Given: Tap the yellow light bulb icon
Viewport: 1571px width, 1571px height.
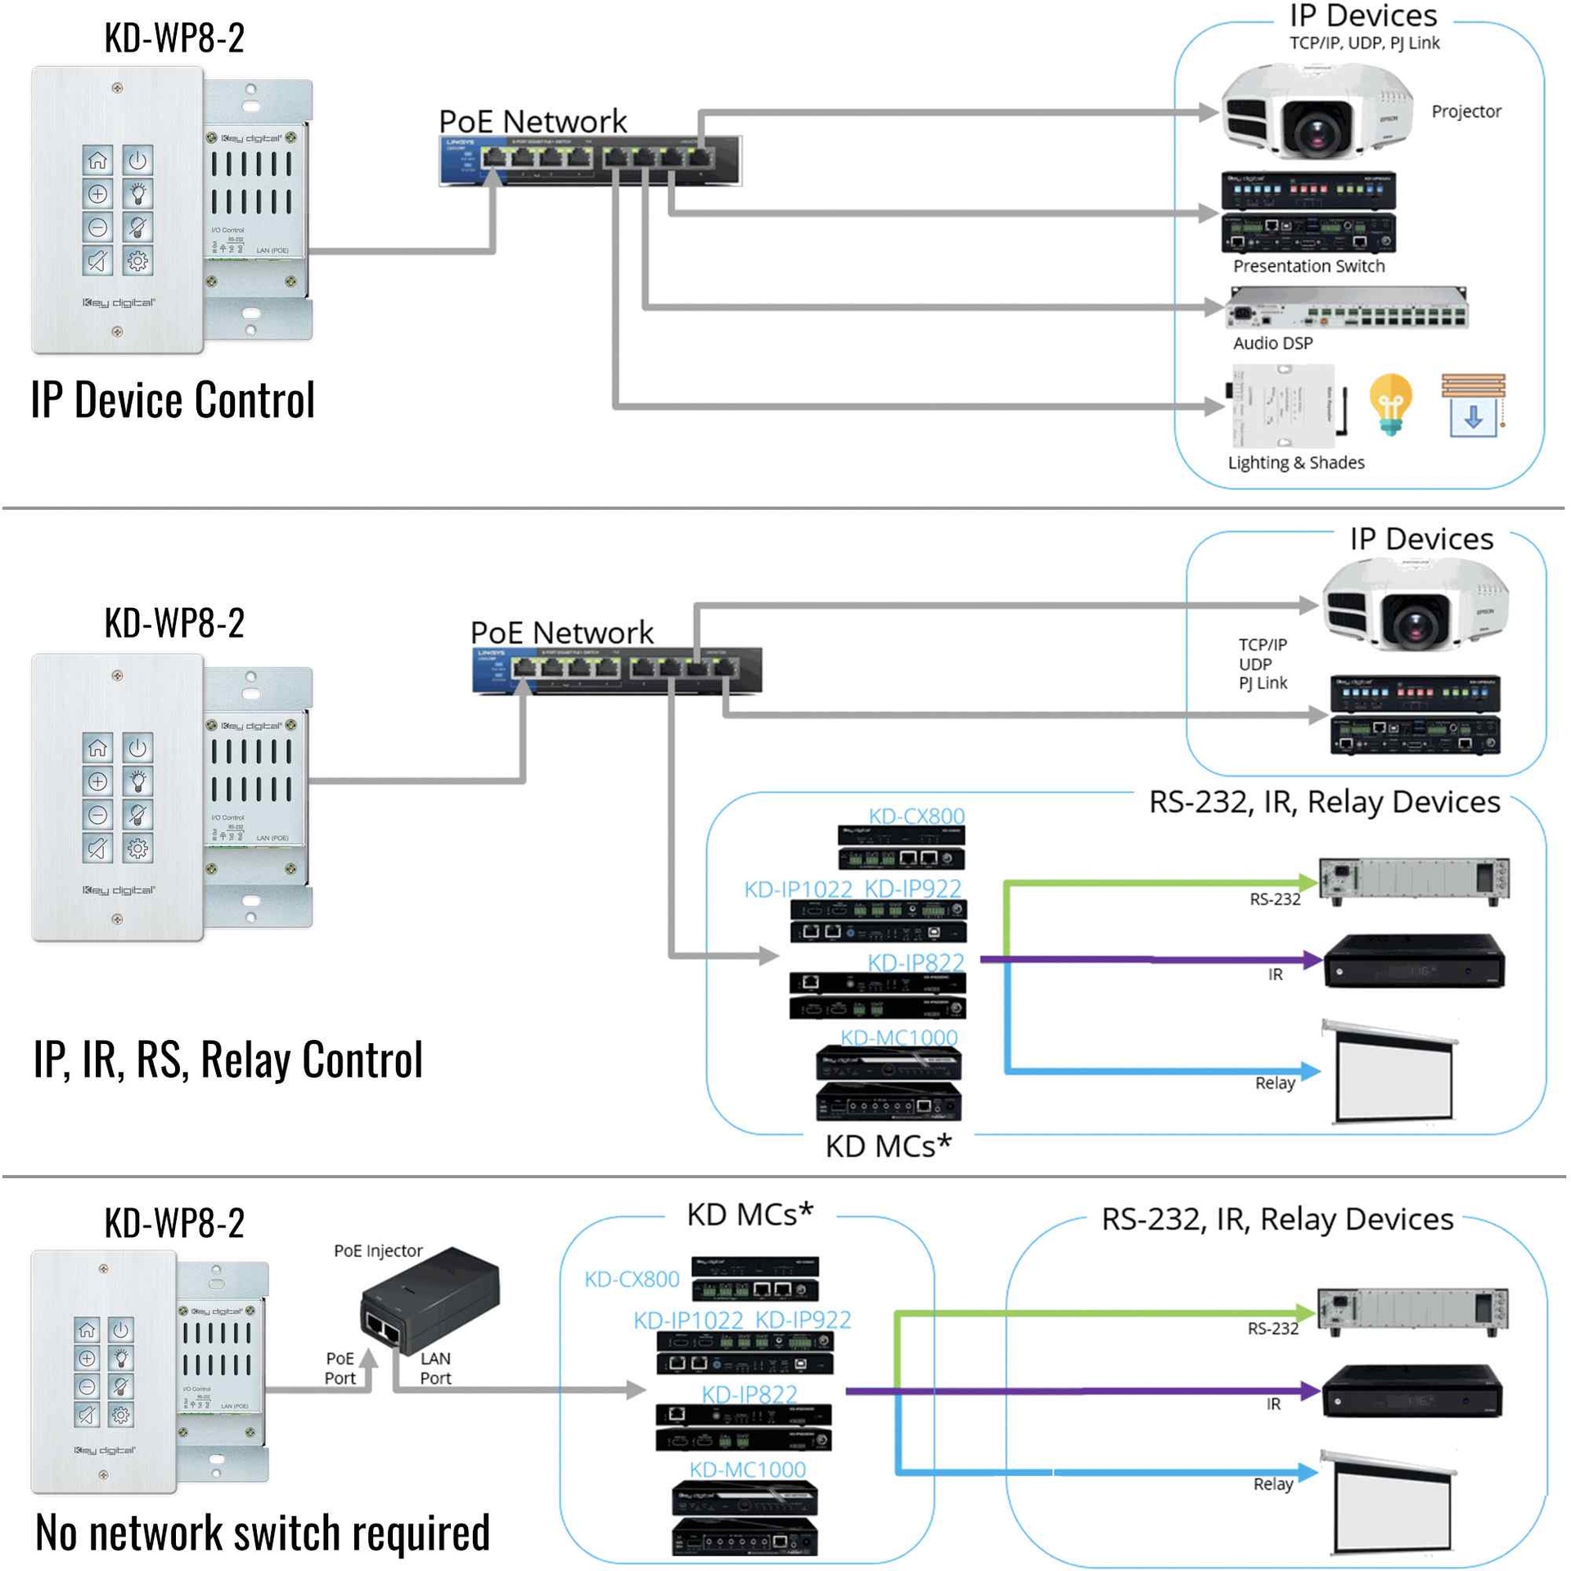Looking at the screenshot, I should (1390, 403).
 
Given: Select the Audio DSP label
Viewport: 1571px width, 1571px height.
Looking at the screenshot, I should (1272, 343).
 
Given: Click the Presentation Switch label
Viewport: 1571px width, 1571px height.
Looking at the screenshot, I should (1308, 266).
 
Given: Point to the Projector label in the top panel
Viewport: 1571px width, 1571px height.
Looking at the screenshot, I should (1465, 111).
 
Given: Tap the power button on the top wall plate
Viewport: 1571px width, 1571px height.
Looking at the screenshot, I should (137, 160).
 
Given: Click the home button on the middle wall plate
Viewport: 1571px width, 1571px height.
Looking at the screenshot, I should (97, 747).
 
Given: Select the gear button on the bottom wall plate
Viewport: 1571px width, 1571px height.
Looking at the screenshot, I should (121, 1415).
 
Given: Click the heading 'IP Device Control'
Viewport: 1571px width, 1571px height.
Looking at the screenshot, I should (173, 400).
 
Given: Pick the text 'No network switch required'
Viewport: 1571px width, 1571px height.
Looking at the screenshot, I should (263, 1533).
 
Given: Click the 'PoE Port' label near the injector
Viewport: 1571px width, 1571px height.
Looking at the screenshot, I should (340, 1367).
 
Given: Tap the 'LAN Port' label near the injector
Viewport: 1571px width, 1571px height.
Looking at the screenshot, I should (435, 1367).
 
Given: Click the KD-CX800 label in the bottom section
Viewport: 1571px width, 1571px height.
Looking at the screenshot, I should (632, 1279).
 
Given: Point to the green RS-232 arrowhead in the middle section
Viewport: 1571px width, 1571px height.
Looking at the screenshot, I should (1308, 883).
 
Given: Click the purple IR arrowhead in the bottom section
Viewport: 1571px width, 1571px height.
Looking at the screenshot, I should (1311, 1390).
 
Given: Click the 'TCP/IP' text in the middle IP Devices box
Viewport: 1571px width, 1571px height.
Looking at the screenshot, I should (1263, 645).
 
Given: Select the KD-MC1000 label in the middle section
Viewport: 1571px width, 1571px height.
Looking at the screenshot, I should (898, 1037).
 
